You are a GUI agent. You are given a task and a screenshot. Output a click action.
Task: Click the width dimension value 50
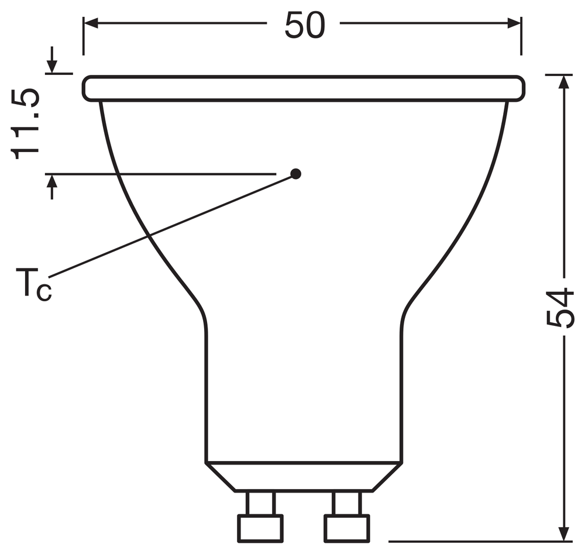[304, 25]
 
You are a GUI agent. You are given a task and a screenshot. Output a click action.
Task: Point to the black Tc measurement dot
[296, 174]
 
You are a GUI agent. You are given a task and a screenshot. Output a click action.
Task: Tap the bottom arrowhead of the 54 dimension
[564, 535]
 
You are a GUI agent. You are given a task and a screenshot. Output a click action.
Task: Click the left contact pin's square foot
[260, 528]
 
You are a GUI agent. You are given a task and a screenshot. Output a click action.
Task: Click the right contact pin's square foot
[347, 528]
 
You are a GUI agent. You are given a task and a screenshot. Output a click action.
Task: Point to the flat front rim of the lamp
[303, 88]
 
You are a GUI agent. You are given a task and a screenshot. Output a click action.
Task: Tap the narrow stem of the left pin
[260, 503]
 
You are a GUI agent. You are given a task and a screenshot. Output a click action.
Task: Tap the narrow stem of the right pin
[347, 503]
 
